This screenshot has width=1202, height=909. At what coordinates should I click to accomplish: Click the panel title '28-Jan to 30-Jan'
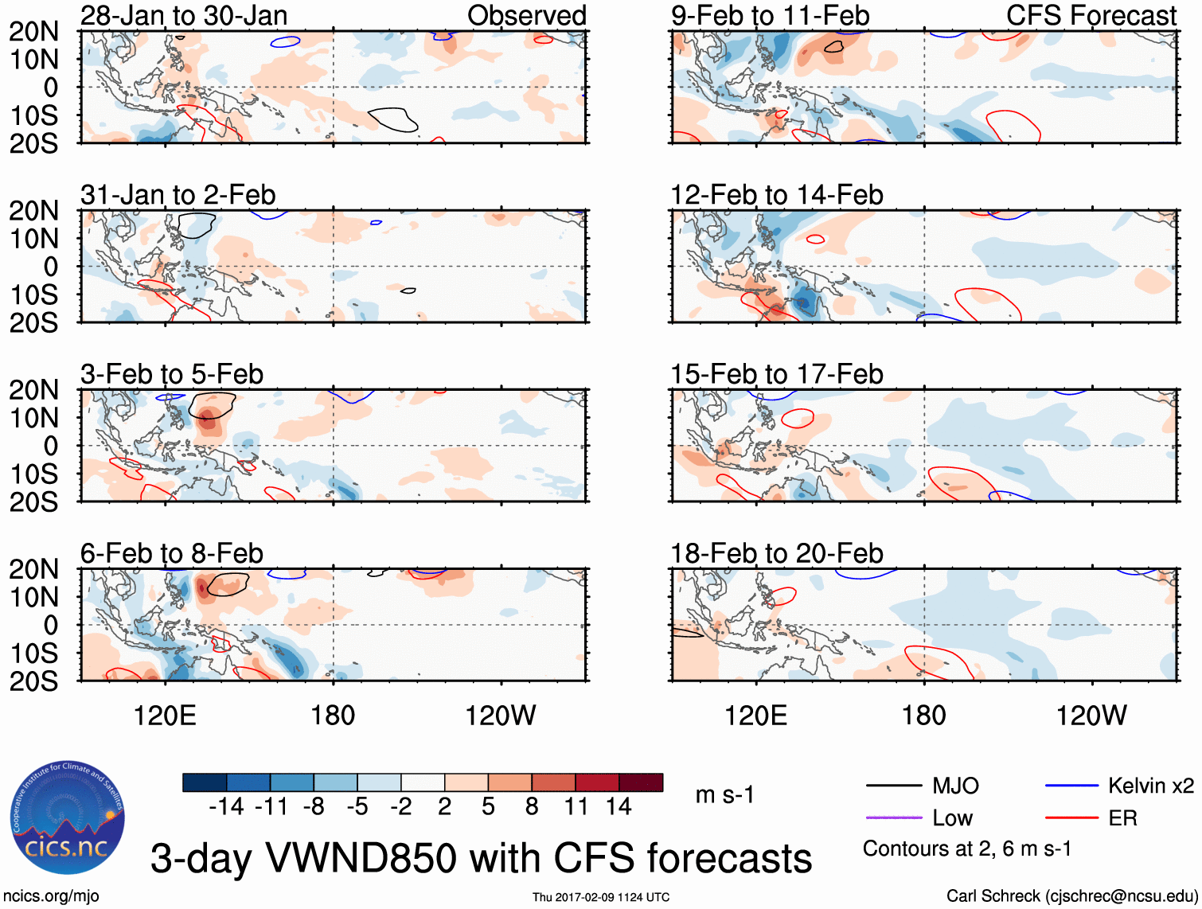[x=184, y=15]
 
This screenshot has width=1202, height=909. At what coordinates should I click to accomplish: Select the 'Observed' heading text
[x=526, y=15]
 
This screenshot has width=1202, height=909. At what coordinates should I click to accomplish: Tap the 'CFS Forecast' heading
[x=1091, y=15]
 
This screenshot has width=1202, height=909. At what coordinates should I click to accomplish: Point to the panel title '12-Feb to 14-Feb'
[x=776, y=195]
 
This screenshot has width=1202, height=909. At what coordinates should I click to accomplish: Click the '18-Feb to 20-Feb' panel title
[x=776, y=553]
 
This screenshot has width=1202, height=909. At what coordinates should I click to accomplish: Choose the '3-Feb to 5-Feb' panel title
[x=171, y=374]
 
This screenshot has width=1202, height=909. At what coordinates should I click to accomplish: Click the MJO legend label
[x=955, y=786]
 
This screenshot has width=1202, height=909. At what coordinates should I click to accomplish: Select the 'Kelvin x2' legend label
[x=1150, y=786]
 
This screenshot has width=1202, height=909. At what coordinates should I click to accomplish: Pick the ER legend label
[x=1122, y=818]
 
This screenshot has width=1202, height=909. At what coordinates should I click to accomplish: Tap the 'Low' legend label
[x=952, y=818]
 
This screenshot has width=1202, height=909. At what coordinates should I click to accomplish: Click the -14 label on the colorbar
[x=226, y=807]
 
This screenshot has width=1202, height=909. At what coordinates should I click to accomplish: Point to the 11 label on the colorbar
[x=576, y=807]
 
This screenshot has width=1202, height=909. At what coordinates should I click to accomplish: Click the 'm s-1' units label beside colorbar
[x=724, y=795]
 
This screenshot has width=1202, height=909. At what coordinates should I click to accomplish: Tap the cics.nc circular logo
[x=68, y=818]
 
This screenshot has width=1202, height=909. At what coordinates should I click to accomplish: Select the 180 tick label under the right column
[x=923, y=716]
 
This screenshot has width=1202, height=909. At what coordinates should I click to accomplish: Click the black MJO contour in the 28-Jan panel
[x=392, y=119]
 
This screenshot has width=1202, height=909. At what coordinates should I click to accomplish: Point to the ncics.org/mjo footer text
[x=51, y=896]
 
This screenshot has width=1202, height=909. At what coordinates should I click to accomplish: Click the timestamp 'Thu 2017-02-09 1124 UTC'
[x=600, y=897]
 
